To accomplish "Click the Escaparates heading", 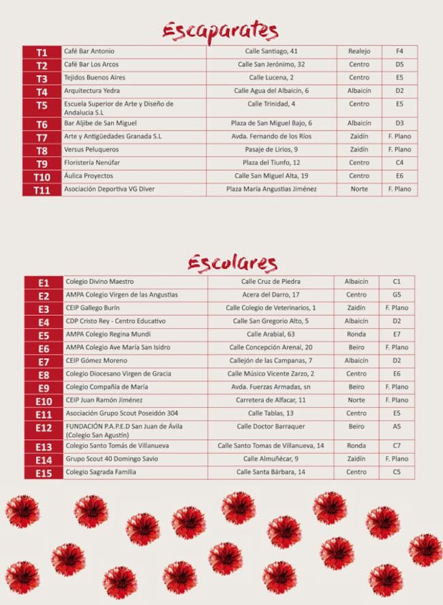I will [x=220, y=31].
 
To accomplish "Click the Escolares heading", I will [x=232, y=263].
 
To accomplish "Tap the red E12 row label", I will [x=44, y=428].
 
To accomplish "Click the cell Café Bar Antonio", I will [x=89, y=51].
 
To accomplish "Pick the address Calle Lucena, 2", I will [x=271, y=78].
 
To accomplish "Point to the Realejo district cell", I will [x=359, y=51].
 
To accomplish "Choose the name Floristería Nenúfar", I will [x=94, y=163].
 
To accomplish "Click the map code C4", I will [x=399, y=163].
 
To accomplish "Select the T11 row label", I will [x=42, y=190].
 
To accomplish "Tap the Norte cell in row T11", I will [x=359, y=189].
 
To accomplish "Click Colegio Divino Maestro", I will [x=100, y=282].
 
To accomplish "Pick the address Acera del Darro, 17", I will [x=271, y=295].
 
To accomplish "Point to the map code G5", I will [x=397, y=295].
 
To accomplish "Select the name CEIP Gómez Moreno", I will [x=96, y=361].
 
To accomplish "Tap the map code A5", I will [x=397, y=426].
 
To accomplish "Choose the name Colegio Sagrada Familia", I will [x=101, y=472].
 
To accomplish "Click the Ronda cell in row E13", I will [x=356, y=446].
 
